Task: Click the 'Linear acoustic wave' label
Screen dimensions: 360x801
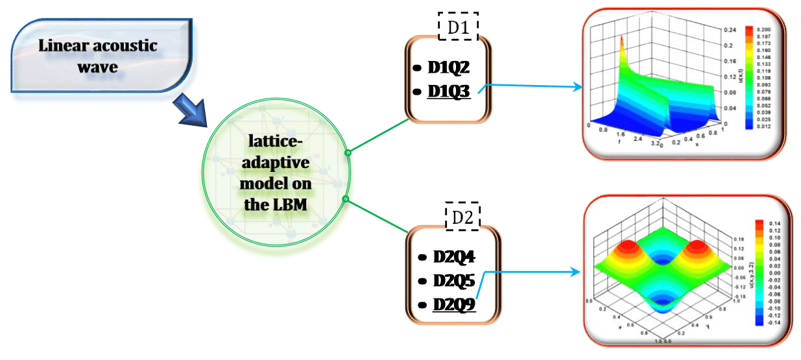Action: click(x=97, y=55)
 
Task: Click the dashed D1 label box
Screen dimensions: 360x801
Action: click(x=458, y=27)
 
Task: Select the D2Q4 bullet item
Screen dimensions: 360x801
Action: click(x=454, y=257)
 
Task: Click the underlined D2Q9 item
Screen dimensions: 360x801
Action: click(x=454, y=304)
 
